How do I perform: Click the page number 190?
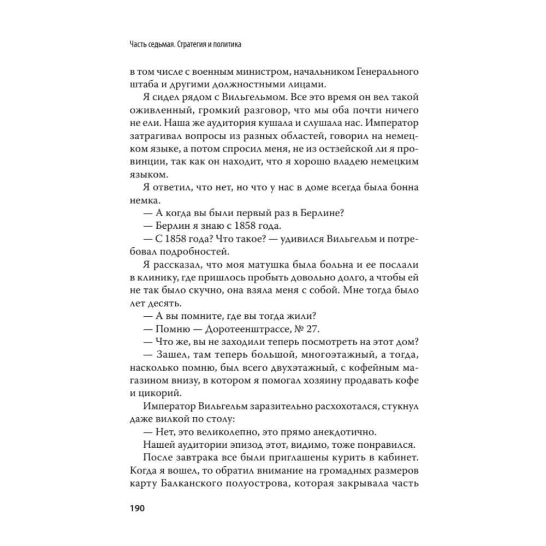coord(135,509)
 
